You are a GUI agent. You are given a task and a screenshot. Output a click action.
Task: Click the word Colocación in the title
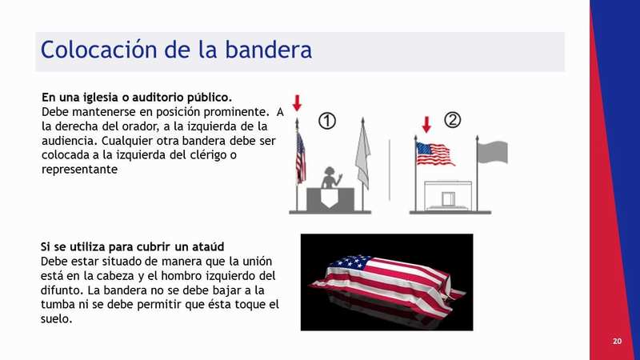98,50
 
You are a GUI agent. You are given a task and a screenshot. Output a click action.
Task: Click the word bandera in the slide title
269,50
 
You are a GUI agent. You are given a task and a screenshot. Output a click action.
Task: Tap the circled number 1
327,122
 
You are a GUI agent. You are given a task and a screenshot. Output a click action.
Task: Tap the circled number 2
452,120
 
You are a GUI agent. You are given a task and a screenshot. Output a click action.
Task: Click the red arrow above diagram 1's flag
297,103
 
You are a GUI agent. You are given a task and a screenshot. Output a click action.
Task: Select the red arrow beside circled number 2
426,125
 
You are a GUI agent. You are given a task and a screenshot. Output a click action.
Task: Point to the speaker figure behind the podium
331,178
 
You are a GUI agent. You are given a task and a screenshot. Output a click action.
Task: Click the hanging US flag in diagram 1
301,158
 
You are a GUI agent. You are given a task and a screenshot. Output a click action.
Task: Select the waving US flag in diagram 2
435,154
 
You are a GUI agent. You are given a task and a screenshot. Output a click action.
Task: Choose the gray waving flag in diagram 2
493,152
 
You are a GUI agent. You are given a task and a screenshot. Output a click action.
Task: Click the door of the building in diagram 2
449,198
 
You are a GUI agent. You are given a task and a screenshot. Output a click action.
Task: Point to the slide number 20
617,342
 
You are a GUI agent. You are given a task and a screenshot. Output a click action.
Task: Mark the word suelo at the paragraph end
56,318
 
